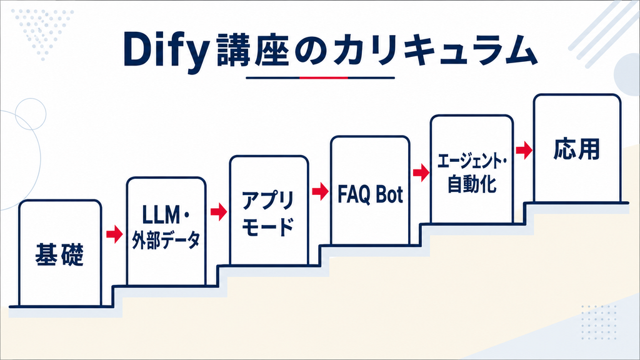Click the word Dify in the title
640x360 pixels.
pyautogui.click(x=166, y=51)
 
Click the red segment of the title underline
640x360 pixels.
pyautogui.click(x=324, y=77)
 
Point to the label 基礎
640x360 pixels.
pyautogui.click(x=59, y=254)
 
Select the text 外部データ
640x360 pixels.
pyautogui.click(x=166, y=240)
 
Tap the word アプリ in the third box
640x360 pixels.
pyautogui.click(x=268, y=201)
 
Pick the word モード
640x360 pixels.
pyautogui.click(x=268, y=227)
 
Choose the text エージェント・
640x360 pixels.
pyautogui.click(x=472, y=162)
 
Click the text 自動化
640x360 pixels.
pyautogui.click(x=472, y=184)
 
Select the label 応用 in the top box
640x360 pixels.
pyautogui.click(x=577, y=149)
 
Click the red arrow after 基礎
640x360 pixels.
pyautogui.click(x=114, y=234)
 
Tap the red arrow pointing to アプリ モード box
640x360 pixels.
pyautogui.click(x=219, y=211)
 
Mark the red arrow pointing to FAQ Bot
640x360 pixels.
pyautogui.click(x=321, y=191)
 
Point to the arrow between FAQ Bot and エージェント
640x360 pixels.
pyautogui.click(x=421, y=172)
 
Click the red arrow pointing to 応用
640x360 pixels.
pyautogui.click(x=524, y=150)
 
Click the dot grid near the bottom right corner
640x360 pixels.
pyautogui.click(x=599, y=322)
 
